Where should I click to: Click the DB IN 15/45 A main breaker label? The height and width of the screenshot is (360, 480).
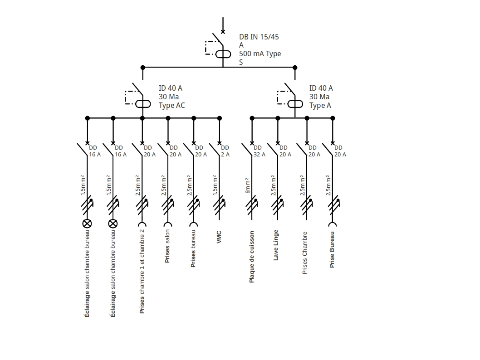coord(260,49)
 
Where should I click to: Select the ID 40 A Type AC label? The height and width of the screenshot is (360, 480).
coord(171,97)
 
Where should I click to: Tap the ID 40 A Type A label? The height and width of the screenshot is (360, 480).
coord(321,97)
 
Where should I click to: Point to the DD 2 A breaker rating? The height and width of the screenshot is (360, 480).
coord(225,151)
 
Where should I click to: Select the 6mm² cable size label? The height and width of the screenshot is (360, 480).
coord(248,185)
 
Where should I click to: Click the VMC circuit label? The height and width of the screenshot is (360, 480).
coord(219,237)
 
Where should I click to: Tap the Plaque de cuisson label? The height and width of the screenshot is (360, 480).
coord(252,257)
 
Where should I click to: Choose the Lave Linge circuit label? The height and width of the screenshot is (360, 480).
coord(276,245)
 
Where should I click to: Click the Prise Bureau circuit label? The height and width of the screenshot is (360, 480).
coord(332,249)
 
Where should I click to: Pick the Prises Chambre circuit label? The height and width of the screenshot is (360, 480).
coord(305,253)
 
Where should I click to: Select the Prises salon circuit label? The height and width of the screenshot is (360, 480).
coord(167,246)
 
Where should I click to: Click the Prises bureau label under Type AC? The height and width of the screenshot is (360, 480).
coord(193,248)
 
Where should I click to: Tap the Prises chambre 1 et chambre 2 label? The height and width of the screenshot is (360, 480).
coord(142,272)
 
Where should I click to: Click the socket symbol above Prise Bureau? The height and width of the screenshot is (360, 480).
coord(333,224)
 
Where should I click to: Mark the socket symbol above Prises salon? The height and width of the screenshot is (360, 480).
coord(168,224)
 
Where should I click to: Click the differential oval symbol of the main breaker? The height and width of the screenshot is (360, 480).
coord(223,54)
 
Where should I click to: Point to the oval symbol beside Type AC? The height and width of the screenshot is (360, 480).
coord(143,104)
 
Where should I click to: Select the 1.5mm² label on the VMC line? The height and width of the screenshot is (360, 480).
coord(216,185)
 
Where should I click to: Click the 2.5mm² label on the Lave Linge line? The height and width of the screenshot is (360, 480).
coord(274,185)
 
